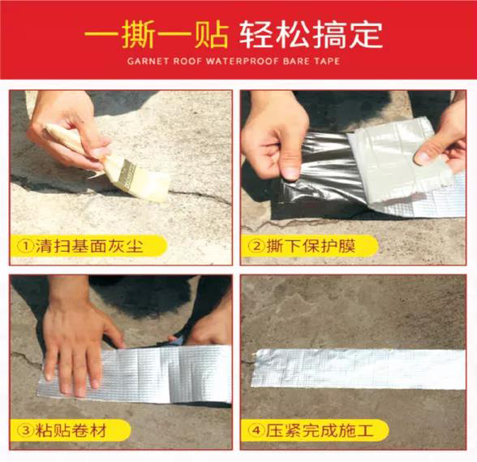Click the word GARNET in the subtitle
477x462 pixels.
click(x=148, y=61)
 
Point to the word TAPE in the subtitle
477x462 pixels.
click(x=327, y=61)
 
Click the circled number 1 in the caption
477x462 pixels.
click(x=26, y=246)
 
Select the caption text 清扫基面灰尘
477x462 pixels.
click(x=89, y=246)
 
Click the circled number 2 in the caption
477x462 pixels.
click(x=256, y=246)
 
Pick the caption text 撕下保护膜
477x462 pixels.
click(x=311, y=246)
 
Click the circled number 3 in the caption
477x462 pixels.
click(x=26, y=430)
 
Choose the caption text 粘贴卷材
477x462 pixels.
click(x=71, y=430)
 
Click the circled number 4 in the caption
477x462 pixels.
click(x=256, y=430)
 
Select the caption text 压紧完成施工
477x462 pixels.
click(x=320, y=430)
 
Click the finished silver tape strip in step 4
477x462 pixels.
click(x=359, y=369)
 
